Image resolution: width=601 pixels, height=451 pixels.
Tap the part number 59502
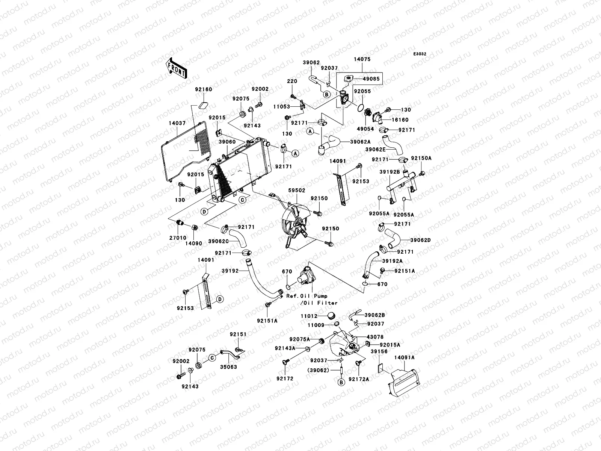pos(297,191)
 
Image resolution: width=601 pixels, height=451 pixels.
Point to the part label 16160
pos(401,120)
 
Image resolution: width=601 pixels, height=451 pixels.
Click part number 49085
pos(371,79)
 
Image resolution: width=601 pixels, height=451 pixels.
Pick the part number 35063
pos(229,367)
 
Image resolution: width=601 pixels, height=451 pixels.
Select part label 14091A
pos(405,358)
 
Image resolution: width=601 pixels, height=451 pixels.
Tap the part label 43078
pos(375,337)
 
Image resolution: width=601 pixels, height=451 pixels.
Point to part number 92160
pos(203,89)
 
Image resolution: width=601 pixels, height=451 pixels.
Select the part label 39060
pos(227,142)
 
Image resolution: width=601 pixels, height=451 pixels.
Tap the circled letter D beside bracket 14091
pos(220,299)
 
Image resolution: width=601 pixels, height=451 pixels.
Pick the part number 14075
pos(362,59)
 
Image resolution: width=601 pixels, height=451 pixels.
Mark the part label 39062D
pos(420,240)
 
